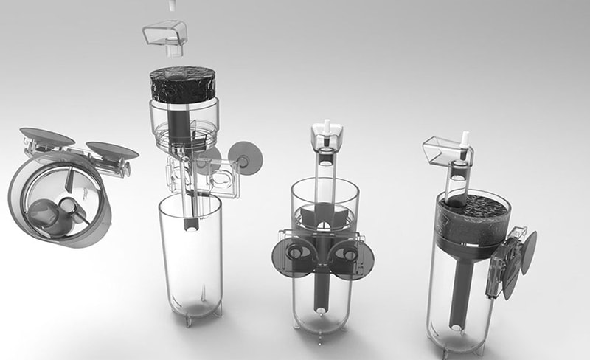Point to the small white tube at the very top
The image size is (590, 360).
tap(173, 5)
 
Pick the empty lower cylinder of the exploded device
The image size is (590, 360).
tap(190, 255)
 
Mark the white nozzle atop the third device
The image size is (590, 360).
tap(324, 127)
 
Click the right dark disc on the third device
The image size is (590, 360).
tap(356, 259)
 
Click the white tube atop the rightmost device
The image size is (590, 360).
tap(465, 140)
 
